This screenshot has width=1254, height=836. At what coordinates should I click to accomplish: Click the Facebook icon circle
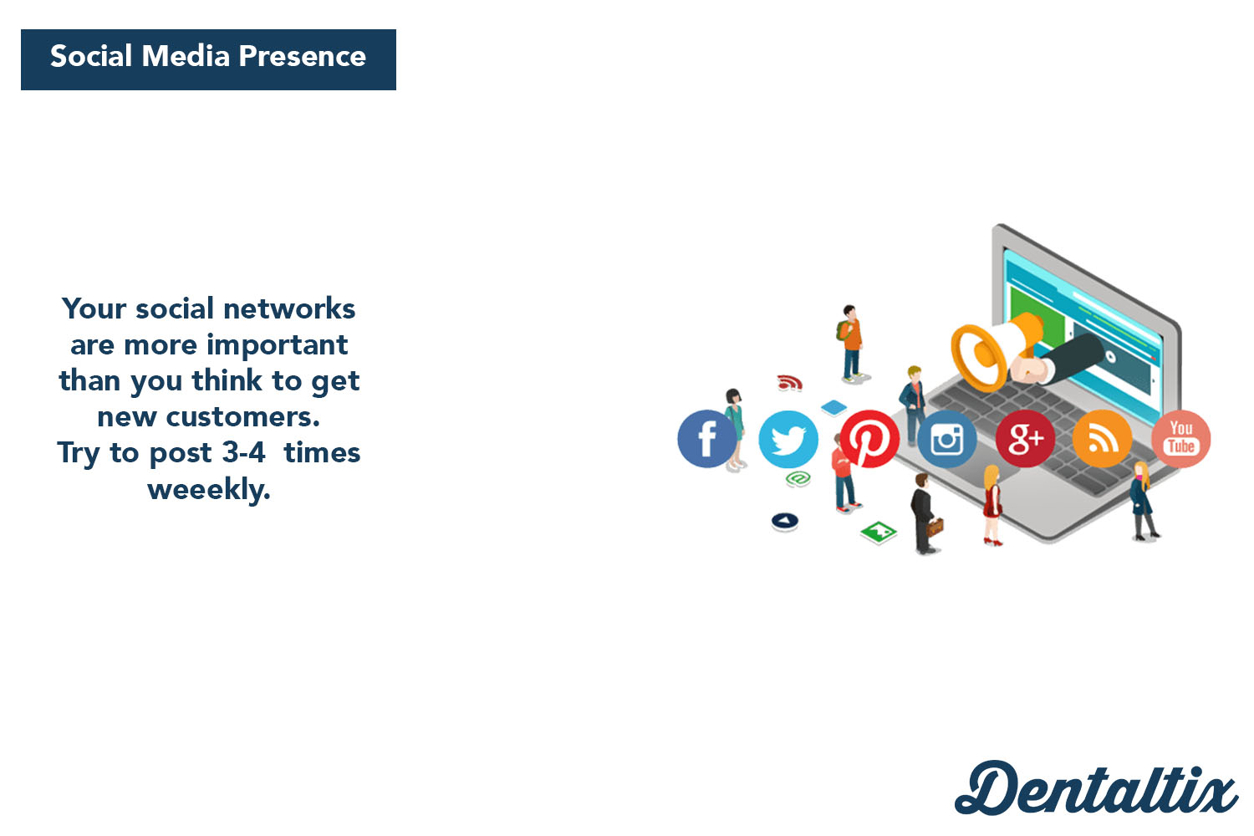click(x=706, y=439)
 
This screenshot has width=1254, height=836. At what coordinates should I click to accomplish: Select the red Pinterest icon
click(x=869, y=439)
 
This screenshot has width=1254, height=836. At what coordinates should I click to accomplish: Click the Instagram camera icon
click(x=946, y=439)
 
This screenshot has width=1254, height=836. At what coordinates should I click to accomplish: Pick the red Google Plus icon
click(x=1025, y=439)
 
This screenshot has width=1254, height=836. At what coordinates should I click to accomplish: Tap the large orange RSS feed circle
click(x=1102, y=439)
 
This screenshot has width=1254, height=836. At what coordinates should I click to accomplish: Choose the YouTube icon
click(x=1180, y=439)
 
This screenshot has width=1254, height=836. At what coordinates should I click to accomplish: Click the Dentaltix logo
click(x=1096, y=788)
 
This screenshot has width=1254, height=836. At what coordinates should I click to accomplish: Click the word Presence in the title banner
click(x=303, y=56)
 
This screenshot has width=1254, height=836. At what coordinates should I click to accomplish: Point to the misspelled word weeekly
click(x=209, y=490)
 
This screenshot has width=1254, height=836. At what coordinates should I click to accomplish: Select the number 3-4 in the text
click(x=243, y=452)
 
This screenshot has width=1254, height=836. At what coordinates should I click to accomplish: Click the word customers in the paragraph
click(x=243, y=417)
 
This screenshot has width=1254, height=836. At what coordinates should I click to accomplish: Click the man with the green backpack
click(x=851, y=344)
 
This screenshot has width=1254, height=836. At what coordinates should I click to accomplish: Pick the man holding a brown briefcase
click(x=925, y=513)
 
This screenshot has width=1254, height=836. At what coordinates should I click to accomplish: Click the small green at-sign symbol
click(x=798, y=479)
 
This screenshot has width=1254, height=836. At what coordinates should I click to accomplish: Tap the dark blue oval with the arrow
click(x=785, y=522)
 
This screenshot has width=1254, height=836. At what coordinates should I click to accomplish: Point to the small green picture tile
click(x=879, y=532)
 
